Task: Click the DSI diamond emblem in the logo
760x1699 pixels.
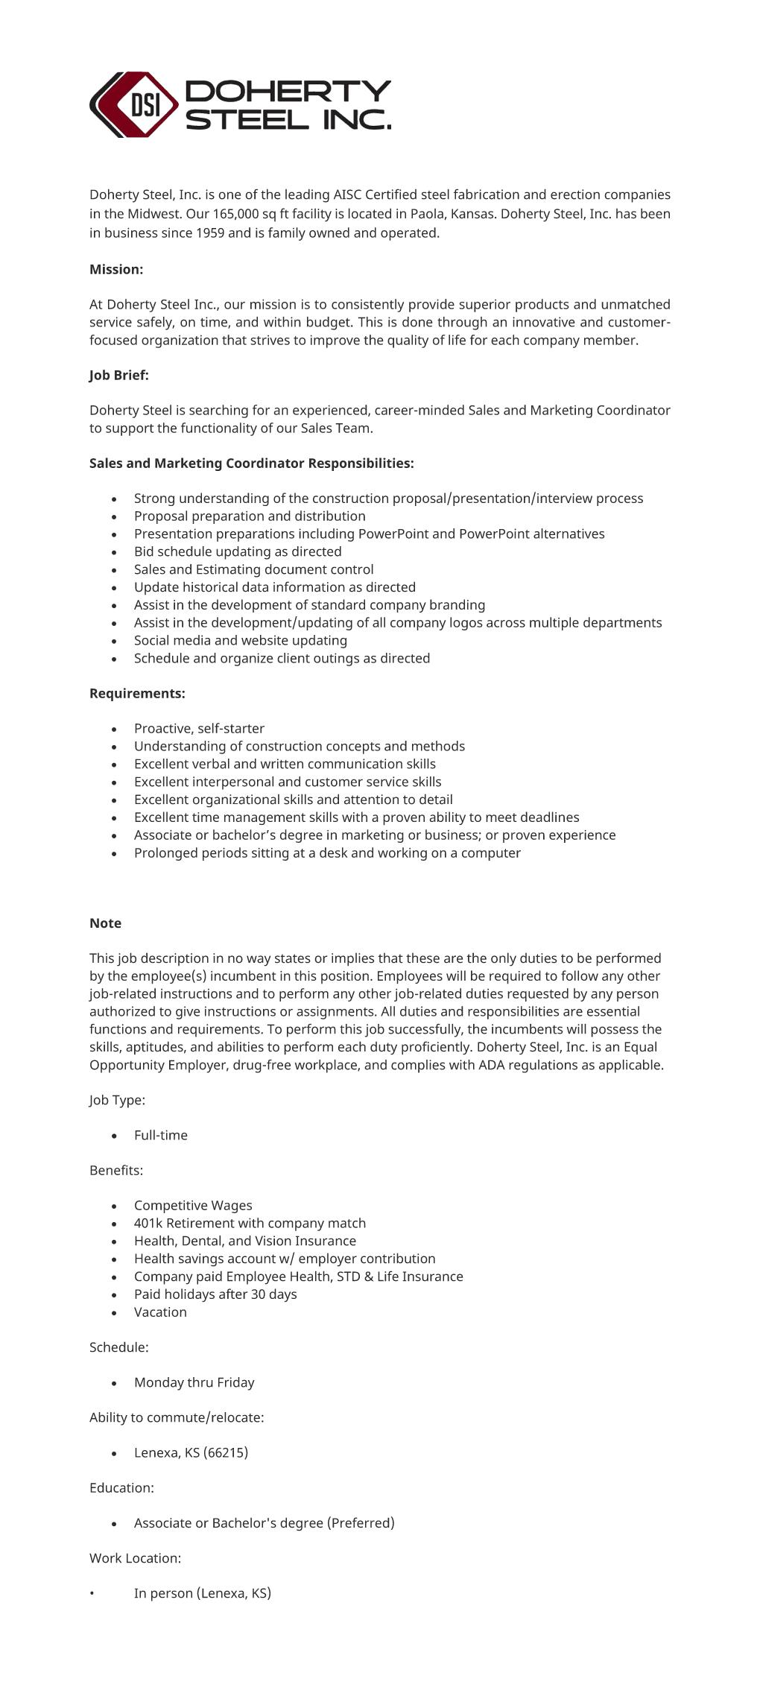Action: [x=135, y=104]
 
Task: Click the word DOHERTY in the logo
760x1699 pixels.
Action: [x=288, y=91]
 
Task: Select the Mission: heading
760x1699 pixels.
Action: [x=116, y=269]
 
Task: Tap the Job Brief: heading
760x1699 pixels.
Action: [x=119, y=375]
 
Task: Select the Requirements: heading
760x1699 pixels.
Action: [x=137, y=693]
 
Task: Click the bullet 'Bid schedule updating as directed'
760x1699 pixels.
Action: [x=238, y=551]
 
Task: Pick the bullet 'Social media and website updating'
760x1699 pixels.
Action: [x=241, y=640]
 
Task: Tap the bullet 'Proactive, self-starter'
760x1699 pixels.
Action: [x=199, y=728]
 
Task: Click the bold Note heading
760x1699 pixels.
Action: [x=105, y=923]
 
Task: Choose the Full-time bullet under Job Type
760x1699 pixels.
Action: [x=161, y=1135]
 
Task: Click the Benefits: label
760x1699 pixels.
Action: [x=116, y=1170]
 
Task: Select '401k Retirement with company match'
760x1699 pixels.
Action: [x=250, y=1223]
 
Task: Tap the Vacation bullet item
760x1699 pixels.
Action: [x=160, y=1312]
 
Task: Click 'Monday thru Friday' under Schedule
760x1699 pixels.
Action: [x=194, y=1382]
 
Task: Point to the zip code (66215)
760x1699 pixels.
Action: [x=226, y=1452]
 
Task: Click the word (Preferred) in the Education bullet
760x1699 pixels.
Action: [x=361, y=1522]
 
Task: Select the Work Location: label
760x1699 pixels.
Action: [x=135, y=1557]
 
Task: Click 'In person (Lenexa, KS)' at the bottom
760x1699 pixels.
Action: [x=203, y=1592]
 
